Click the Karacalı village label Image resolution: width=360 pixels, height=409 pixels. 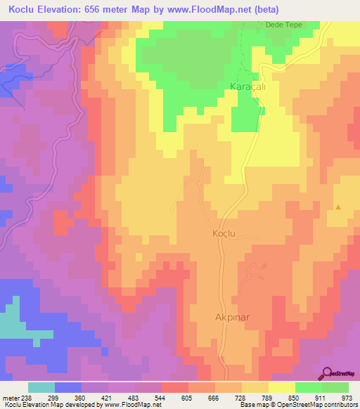pyautogui.click(x=247, y=86)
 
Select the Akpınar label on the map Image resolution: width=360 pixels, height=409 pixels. pyautogui.click(x=232, y=317)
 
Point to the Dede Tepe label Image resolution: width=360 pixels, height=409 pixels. pyautogui.click(x=283, y=25)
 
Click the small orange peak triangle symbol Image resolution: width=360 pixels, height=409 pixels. pyautogui.click(x=338, y=207)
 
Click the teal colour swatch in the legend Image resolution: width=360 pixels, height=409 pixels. pyautogui.click(x=41, y=387)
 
